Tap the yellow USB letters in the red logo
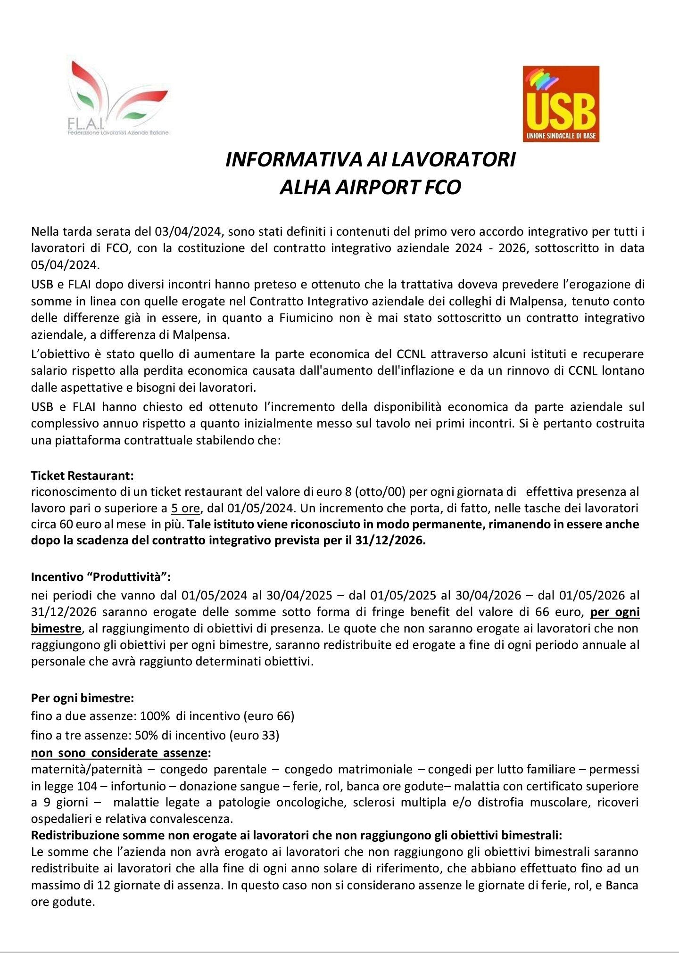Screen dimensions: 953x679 click(x=561, y=108)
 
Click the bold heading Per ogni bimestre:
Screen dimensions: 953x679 click(x=83, y=698)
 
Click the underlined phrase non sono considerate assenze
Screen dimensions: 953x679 click(x=119, y=753)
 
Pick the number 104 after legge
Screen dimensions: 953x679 click(x=87, y=786)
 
